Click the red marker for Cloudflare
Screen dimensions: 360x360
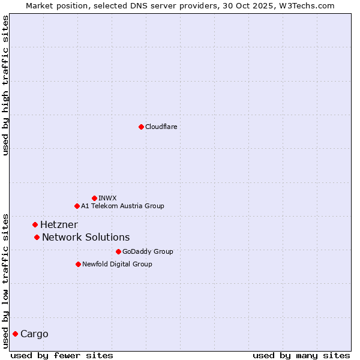coord(141,127)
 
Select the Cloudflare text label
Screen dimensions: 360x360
coord(161,127)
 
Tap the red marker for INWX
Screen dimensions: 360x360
coord(94,198)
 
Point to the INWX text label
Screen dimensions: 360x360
coord(107,198)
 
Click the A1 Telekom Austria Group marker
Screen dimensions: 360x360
coord(77,206)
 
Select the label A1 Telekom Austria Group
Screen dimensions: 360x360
coord(122,206)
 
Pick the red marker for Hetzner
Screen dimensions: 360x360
coord(35,224)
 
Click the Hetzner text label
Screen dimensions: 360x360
coord(59,224)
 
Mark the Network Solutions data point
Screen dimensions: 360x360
coord(37,237)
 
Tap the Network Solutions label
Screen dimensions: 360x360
coord(86,237)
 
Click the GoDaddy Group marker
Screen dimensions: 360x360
coord(118,251)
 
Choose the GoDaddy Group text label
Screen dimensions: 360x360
coord(148,251)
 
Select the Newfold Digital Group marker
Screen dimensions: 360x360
coord(78,264)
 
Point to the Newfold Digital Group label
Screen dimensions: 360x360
coord(117,264)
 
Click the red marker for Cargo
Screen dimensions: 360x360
coord(15,334)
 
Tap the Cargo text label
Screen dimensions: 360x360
coord(34,334)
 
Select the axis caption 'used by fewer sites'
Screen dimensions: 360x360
coord(62,355)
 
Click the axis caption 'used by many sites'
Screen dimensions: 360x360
coord(301,355)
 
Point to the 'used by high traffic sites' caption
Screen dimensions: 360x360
coord(5,85)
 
